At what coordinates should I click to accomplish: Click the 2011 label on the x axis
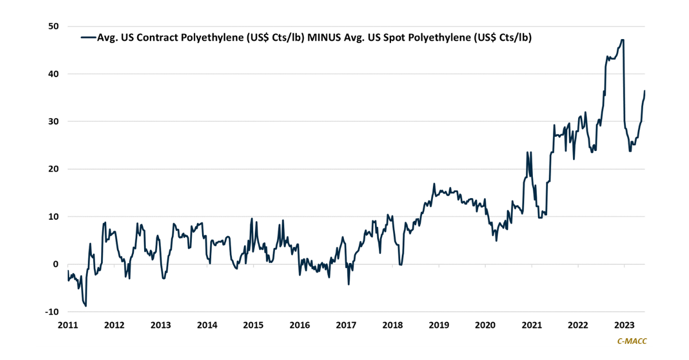[68, 325]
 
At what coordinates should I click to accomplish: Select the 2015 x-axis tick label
[253, 325]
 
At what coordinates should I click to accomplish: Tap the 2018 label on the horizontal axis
[392, 325]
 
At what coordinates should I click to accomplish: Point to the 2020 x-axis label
[485, 325]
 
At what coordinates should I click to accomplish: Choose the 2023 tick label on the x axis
[624, 325]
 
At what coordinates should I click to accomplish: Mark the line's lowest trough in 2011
[86, 306]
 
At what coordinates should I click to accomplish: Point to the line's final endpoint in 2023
[644, 91]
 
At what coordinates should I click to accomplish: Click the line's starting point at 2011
[68, 271]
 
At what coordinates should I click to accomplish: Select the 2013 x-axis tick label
[161, 325]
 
